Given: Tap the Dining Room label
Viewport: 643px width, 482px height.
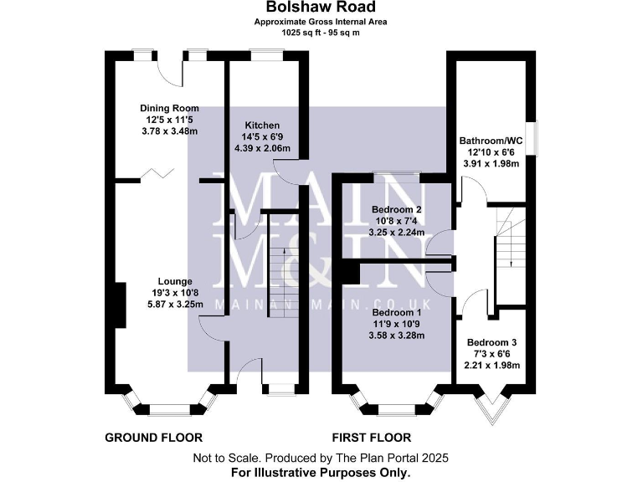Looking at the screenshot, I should [x=169, y=108].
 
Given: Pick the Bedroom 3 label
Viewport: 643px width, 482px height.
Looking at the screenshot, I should [x=493, y=342].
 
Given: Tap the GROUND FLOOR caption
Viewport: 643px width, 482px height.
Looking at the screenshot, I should [x=153, y=438].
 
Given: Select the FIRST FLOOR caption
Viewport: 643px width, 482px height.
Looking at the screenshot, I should [x=372, y=438].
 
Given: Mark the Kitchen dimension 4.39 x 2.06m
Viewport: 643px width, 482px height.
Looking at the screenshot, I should [x=262, y=148].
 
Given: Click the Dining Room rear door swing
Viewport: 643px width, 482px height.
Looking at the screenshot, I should [x=171, y=72].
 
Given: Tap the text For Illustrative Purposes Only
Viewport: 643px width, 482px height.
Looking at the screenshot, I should [x=321, y=472].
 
